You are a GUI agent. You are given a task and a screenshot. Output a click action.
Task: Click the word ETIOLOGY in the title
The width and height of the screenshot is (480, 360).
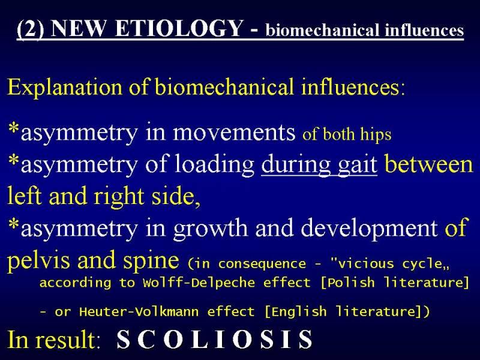tap(179, 28)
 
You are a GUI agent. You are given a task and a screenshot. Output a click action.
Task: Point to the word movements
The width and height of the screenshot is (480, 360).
tap(234, 132)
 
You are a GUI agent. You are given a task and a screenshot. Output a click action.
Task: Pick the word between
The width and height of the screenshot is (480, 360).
tap(429, 164)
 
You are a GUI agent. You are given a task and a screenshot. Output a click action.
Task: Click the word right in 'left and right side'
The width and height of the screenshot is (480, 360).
tap(119, 197)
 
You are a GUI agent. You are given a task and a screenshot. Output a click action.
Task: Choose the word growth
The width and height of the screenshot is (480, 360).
tap(211, 229)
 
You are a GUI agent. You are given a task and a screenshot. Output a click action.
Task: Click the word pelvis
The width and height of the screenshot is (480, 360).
tap(40, 260)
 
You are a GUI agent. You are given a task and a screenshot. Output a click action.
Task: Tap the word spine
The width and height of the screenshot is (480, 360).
tap(151, 261)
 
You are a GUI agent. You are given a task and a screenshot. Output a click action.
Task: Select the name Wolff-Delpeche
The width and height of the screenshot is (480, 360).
tap(199, 282)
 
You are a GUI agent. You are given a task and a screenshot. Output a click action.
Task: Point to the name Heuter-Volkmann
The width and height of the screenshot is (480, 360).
tap(139, 311)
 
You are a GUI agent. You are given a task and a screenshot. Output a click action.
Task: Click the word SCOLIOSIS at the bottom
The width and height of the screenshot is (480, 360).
tap(215, 339)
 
